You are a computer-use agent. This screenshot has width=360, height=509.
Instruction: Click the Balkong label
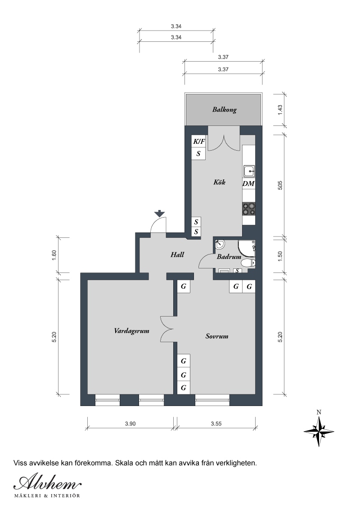[x=224, y=110]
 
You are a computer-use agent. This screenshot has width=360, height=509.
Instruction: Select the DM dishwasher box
[x=248, y=184]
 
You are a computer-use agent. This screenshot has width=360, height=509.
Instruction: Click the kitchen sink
[x=249, y=170]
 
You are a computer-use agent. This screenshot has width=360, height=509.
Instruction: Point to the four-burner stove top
[x=249, y=209]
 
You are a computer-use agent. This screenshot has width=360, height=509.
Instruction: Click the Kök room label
[x=219, y=182]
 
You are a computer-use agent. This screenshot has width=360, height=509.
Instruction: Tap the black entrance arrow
[x=159, y=214]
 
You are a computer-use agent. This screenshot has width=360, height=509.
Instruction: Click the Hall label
[x=177, y=255]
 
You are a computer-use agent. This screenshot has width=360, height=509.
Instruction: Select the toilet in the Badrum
[x=250, y=263]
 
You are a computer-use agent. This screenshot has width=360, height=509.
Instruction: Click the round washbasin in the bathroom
[x=220, y=243]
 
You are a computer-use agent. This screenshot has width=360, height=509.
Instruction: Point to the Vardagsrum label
[x=131, y=331]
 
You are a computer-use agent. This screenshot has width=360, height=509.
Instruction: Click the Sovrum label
[x=217, y=336]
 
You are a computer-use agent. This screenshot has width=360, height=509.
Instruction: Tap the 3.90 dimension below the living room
[x=130, y=424]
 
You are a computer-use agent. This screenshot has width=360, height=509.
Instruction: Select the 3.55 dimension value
[x=216, y=424]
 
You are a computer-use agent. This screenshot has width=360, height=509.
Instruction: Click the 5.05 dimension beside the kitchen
[x=281, y=185]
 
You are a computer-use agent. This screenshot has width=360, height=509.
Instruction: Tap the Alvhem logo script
[x=47, y=483]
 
